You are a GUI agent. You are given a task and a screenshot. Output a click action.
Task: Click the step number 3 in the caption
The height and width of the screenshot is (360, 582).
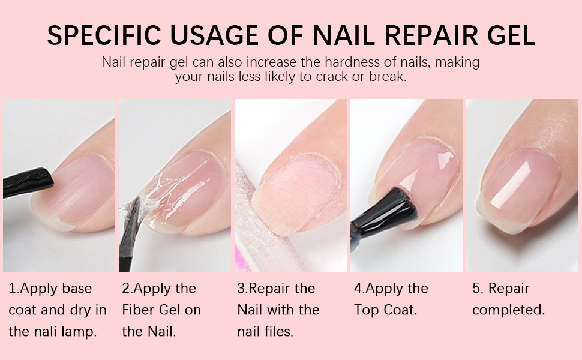click(x=241, y=288)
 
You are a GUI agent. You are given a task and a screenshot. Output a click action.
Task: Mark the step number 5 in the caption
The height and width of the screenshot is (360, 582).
click(x=476, y=288)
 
